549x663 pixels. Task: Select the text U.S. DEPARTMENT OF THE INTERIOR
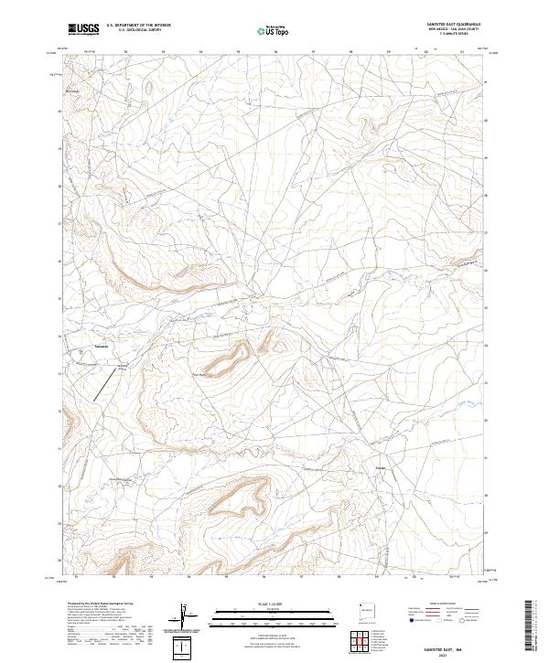pos(138,26)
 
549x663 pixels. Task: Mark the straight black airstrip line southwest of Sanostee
pos(108,384)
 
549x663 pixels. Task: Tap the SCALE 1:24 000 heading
pos(262,603)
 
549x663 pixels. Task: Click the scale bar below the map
pos(262,611)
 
